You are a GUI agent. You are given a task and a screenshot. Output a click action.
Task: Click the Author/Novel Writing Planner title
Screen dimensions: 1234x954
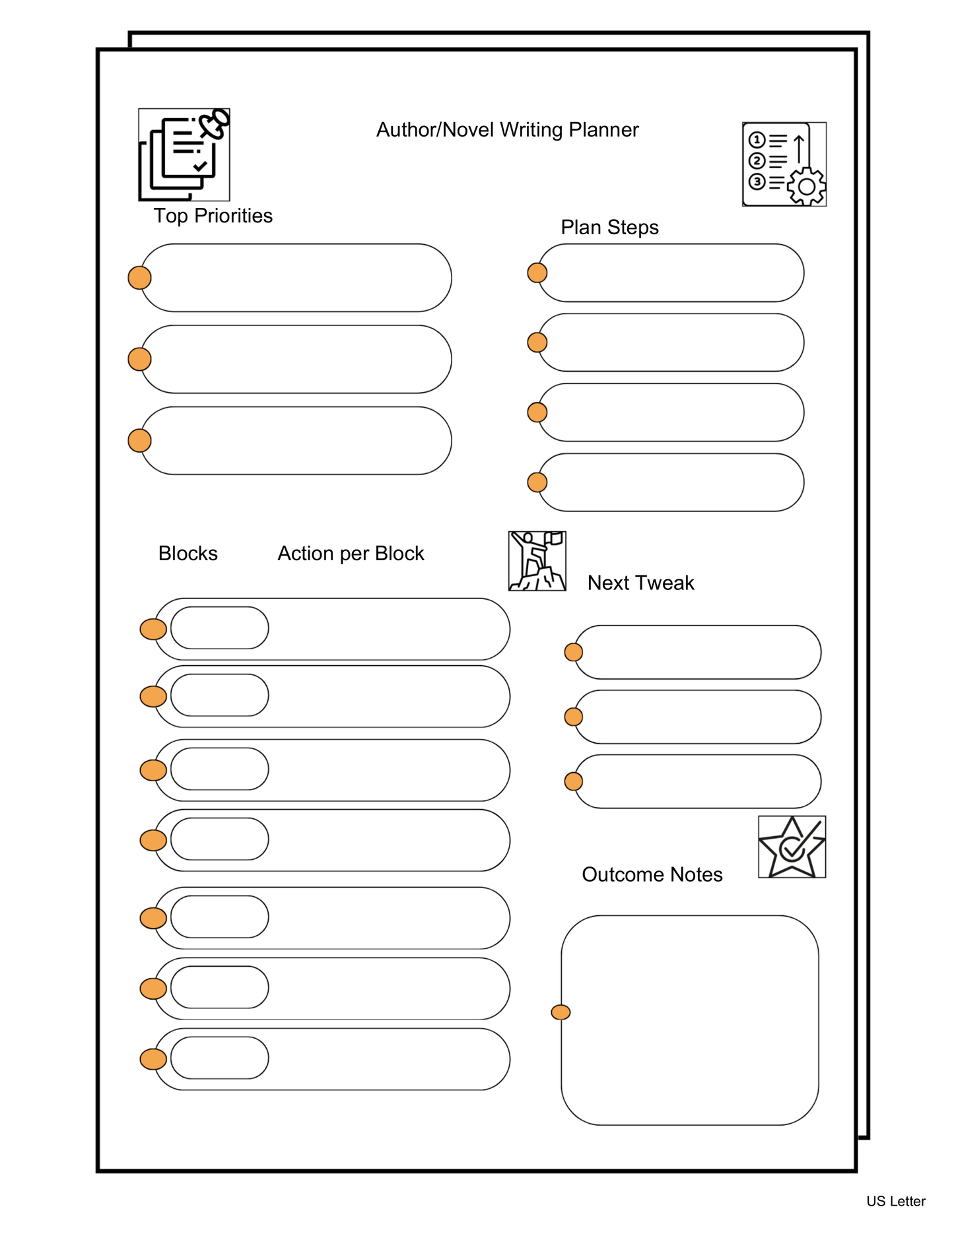point(507,129)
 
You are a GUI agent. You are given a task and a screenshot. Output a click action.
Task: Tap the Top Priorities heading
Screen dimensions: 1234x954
point(213,216)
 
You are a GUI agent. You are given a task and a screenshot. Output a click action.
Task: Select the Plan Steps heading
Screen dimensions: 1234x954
point(609,227)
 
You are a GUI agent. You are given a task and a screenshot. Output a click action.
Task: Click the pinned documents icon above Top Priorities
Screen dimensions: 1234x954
point(184,154)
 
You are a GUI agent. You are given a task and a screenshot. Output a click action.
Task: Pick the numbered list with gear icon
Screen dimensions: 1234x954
point(784,164)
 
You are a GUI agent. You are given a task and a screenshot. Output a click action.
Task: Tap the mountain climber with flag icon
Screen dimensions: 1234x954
point(537,561)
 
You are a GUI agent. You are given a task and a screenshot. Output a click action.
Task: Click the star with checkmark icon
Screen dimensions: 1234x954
point(792,847)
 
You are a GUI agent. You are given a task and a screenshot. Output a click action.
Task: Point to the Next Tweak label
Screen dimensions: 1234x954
point(640,583)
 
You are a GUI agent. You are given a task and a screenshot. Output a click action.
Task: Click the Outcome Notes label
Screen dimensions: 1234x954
point(652,874)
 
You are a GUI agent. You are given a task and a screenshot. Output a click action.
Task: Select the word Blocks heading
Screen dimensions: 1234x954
point(187,553)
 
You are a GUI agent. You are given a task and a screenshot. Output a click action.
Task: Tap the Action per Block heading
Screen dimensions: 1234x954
point(351,553)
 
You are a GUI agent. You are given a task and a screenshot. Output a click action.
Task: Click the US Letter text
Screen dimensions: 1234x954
point(895,1201)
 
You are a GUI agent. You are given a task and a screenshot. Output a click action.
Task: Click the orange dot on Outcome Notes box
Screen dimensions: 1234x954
point(561,1012)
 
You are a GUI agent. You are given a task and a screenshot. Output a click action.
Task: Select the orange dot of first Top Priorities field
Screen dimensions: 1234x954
point(139,278)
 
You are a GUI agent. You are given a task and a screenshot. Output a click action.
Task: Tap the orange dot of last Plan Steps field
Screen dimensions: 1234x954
point(537,482)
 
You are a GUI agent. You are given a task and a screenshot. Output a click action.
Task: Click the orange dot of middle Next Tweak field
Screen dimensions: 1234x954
point(574,717)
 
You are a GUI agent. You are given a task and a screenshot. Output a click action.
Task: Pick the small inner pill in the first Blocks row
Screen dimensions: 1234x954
point(219,628)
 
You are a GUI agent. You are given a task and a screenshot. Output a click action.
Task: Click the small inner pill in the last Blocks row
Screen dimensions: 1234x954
point(219,1058)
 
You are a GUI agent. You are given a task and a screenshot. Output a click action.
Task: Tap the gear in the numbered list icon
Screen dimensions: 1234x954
point(806,186)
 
